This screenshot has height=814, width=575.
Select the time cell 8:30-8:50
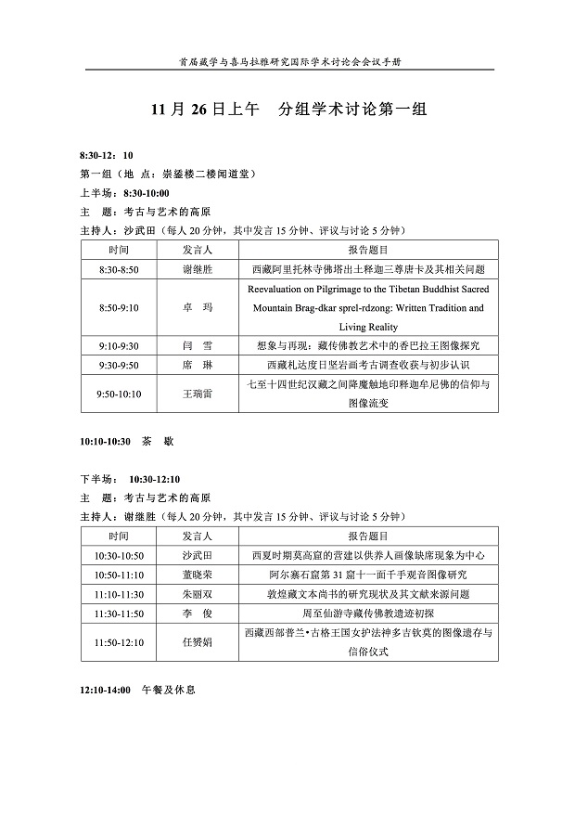pos(119,269)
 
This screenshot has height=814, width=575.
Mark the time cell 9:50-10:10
pos(119,394)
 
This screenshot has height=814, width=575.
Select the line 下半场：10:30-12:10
pos(130,479)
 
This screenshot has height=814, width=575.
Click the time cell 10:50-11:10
pos(119,575)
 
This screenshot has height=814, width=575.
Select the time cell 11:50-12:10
pos(119,642)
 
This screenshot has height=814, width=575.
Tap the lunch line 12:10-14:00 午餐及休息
pos(139,691)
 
